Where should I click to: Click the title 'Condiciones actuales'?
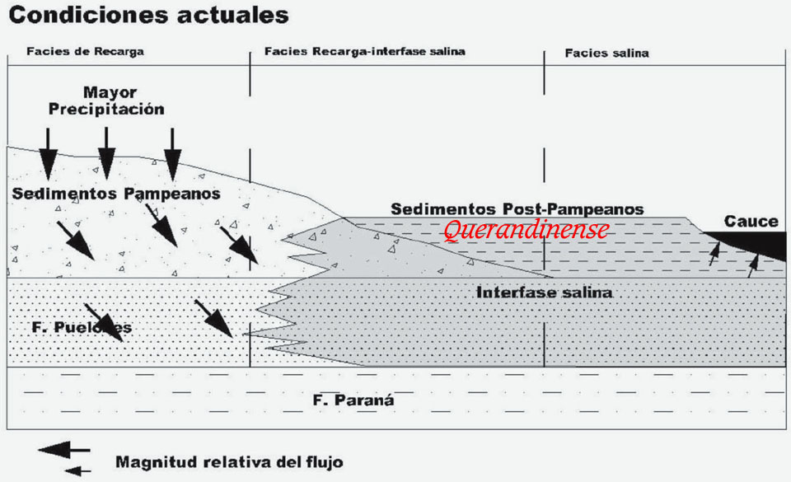(149, 15)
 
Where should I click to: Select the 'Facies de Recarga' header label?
(85, 51)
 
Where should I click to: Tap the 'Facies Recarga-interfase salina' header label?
(365, 51)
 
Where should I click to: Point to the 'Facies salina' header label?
(606, 53)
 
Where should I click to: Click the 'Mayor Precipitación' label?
(106, 101)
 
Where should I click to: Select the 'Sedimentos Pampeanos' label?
(117, 194)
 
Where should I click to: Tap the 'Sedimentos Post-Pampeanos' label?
(517, 209)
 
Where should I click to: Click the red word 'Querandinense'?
(526, 230)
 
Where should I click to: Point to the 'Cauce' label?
(751, 221)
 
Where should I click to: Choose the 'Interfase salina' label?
(544, 292)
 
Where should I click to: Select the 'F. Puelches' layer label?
(82, 327)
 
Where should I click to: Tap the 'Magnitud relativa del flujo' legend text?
(229, 461)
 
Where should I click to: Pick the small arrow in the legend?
(77, 471)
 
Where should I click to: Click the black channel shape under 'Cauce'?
(754, 243)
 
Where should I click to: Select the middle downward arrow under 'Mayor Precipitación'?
(106, 161)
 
